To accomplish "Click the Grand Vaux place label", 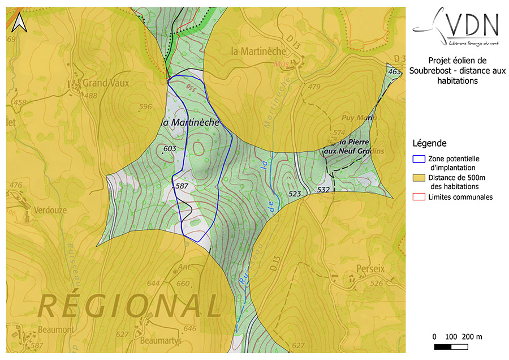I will (106, 83).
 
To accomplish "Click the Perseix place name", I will (371, 268).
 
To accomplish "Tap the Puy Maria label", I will (359, 118).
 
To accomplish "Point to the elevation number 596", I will (145, 107).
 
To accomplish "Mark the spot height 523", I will (295, 194).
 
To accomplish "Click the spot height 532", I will (323, 190).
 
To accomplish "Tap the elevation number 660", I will (183, 284).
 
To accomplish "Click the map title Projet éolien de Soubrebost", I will (457, 70).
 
